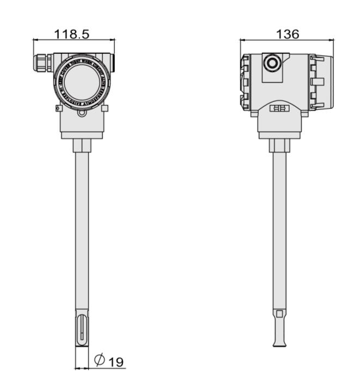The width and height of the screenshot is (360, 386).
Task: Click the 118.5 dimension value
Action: coord(72,33)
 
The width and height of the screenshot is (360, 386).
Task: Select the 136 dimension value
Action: coord(287,34)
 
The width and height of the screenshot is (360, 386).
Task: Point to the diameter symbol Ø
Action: coord(100,360)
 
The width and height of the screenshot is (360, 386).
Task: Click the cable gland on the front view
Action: coord(42,62)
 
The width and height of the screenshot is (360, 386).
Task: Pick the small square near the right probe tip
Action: coord(279,314)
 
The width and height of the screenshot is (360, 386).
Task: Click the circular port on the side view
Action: coord(271,64)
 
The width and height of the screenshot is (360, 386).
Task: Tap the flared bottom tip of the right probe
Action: coord(279,342)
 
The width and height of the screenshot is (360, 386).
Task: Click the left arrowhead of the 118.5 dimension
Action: coord(35,40)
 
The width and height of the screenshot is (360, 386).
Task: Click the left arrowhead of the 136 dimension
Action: coord(243,40)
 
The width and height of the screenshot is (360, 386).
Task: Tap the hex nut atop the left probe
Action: coord(81,145)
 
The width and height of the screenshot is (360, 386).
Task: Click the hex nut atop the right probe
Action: coord(279,145)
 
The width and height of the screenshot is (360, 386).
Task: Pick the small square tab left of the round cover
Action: coord(59,108)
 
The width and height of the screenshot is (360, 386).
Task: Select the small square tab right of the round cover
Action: coord(105,108)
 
